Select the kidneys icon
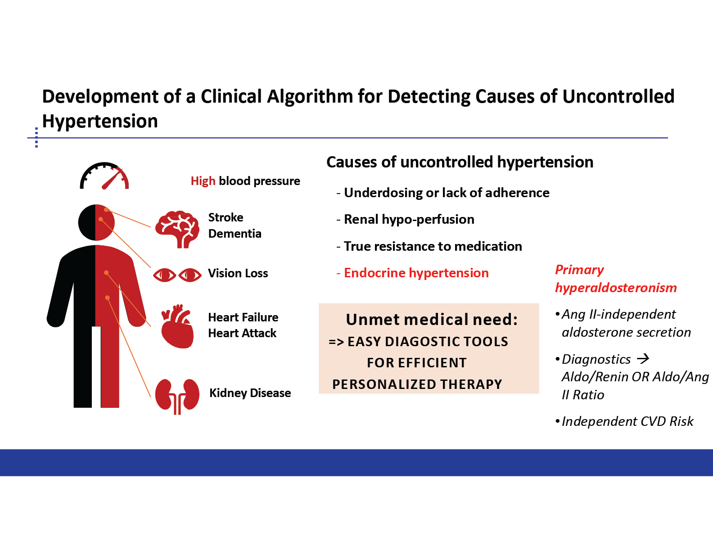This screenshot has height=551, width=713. [x=177, y=397]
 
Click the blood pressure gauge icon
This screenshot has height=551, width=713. [x=104, y=176]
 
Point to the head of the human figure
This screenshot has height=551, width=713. [x=96, y=222]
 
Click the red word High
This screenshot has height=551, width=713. [x=203, y=181]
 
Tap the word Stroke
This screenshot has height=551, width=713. [x=226, y=217]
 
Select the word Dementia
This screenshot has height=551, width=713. [x=235, y=234]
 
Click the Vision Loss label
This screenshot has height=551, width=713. [x=238, y=273]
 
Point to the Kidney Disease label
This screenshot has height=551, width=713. [x=250, y=393]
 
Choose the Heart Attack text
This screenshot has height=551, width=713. [x=242, y=333]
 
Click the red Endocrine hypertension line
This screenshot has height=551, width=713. [x=412, y=273]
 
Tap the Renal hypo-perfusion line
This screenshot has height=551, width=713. [x=405, y=220]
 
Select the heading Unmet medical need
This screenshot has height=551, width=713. [x=432, y=319]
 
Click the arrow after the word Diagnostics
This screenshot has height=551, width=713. [x=643, y=358]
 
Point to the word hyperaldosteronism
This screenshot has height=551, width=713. [x=616, y=288]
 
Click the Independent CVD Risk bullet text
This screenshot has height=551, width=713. [x=627, y=421]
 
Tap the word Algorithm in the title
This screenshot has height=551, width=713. [x=309, y=96]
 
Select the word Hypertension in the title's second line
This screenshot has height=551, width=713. [x=100, y=121]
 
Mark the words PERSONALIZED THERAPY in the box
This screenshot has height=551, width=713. [x=417, y=384]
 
